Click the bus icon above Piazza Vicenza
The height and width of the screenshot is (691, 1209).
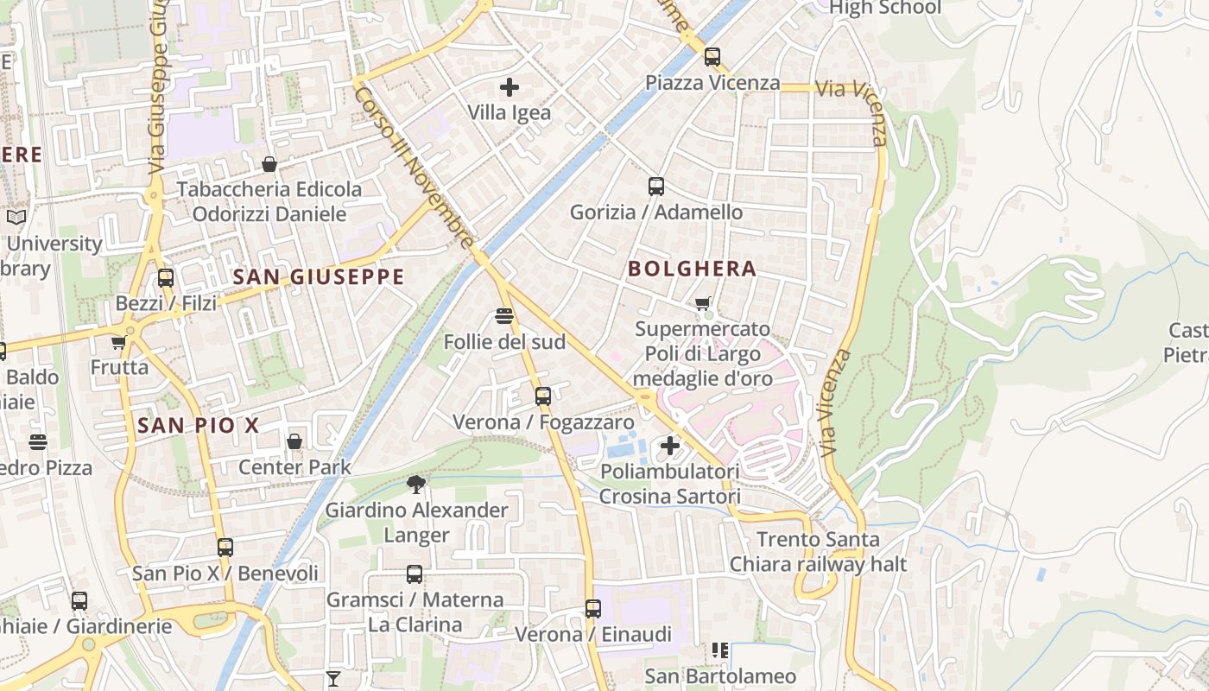point(712,57)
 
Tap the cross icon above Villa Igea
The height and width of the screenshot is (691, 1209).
point(510,86)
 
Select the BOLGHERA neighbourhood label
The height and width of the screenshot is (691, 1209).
point(692,269)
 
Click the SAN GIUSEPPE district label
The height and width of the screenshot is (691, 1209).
point(319,276)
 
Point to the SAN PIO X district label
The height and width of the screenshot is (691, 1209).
point(198,425)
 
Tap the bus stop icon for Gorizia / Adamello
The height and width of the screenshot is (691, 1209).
point(656,186)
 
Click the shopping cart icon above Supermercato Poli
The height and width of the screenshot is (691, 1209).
point(703,303)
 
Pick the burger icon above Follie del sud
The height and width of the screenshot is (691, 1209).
point(505,316)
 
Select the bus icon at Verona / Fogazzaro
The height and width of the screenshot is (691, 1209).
point(542,396)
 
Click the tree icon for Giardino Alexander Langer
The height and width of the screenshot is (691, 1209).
point(416,484)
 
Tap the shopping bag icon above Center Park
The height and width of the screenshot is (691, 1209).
point(294,441)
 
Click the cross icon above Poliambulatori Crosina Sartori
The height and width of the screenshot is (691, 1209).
point(669,447)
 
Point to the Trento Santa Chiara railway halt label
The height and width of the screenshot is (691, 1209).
point(817,552)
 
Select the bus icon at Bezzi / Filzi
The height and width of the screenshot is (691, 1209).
point(166,278)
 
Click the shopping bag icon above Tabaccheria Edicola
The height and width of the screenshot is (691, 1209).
point(269,163)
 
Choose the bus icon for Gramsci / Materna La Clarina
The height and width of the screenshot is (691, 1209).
point(415,574)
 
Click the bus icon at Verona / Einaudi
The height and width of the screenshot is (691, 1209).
point(592,608)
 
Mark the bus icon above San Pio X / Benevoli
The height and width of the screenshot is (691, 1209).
point(225,547)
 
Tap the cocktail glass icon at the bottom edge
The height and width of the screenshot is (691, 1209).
point(333,678)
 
